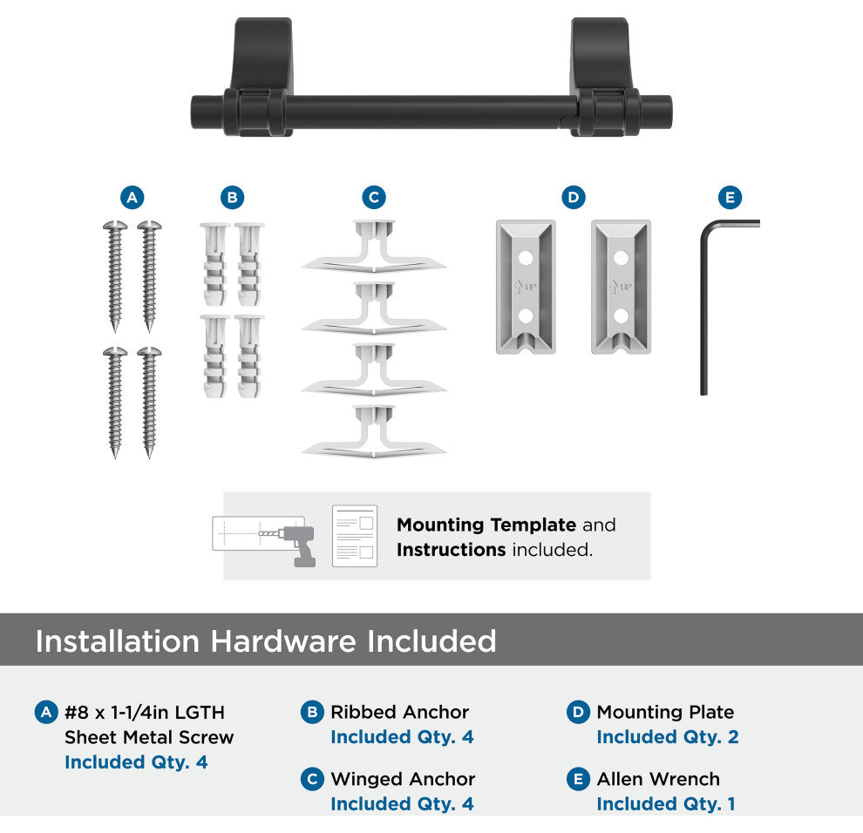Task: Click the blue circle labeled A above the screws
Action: coord(133,198)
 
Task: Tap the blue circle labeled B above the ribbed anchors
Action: coord(232,198)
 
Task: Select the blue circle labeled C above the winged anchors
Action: coord(374,198)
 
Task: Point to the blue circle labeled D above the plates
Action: coord(574,198)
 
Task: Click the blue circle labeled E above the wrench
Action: coord(730,198)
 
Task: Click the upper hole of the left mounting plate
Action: coord(526,258)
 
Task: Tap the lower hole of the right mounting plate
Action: coord(622,315)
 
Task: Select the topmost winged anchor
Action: coord(374,247)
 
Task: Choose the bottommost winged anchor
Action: coord(374,432)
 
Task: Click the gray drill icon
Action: coord(297,545)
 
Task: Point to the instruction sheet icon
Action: coord(355,536)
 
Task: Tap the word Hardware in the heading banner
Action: coord(283,641)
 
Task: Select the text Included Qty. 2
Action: coord(668,736)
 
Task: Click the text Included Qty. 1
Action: coord(666,804)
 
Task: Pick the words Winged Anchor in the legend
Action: coord(403,779)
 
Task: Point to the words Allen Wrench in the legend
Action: coord(658,779)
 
